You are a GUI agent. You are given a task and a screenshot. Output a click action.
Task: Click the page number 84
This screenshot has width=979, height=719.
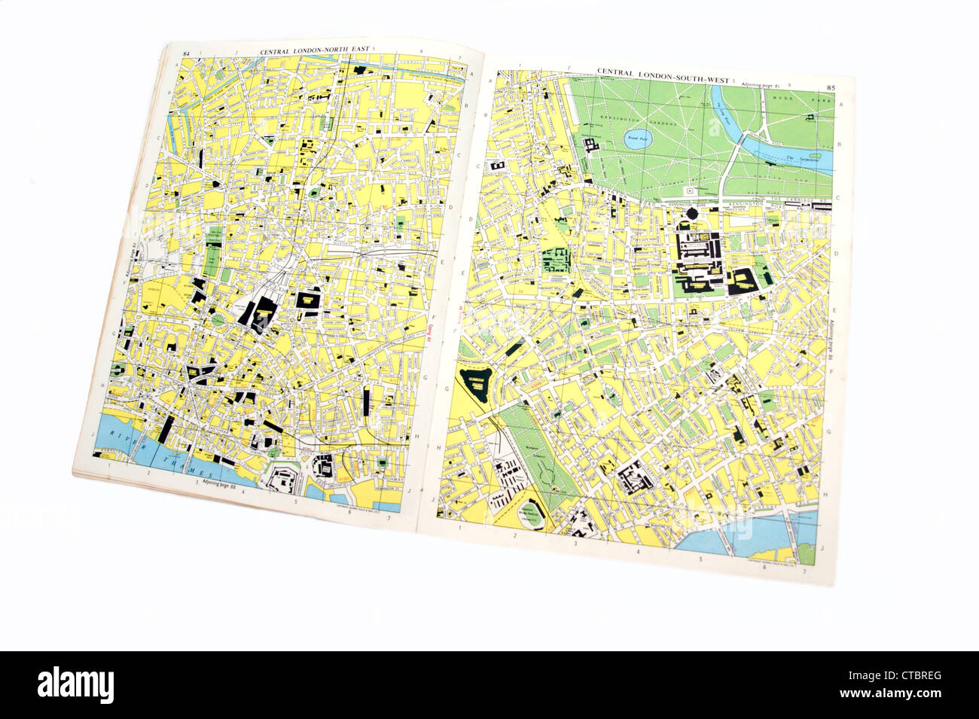pyautogui.click(x=187, y=53)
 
